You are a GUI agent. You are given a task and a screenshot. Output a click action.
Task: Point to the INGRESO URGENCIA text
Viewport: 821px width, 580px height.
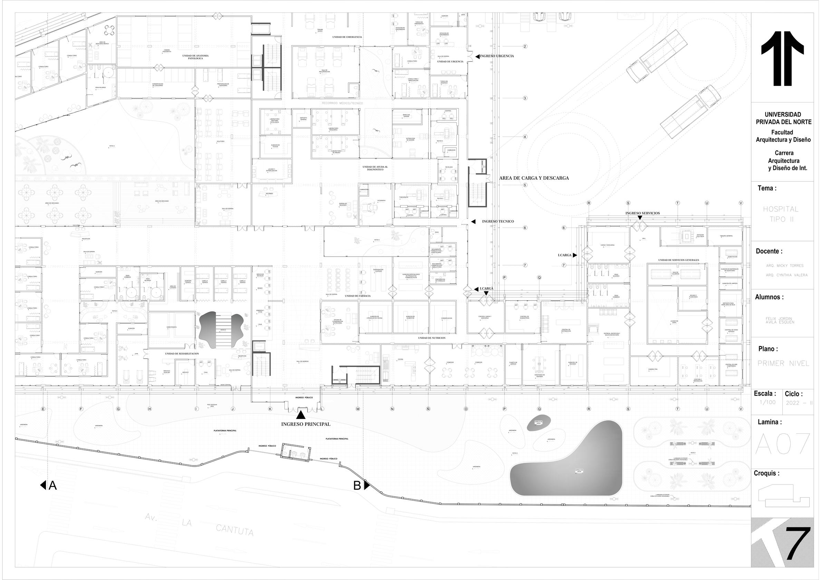tap(497, 56)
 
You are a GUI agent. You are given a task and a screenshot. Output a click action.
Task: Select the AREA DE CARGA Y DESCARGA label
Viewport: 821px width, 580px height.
tap(534, 178)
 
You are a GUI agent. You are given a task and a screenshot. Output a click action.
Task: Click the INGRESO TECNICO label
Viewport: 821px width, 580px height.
tap(498, 221)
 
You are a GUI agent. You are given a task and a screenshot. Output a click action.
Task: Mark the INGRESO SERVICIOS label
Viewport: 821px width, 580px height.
tap(643, 213)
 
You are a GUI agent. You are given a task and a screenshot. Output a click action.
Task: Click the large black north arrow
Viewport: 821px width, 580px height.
tap(782, 59)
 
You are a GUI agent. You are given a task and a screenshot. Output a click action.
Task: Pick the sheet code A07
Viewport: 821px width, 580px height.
tap(782, 444)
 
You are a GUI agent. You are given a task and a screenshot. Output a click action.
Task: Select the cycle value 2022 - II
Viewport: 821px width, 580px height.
tap(799, 403)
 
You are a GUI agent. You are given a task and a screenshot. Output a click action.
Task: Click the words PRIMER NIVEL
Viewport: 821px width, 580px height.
tap(783, 363)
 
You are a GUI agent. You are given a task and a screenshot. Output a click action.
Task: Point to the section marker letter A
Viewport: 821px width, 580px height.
tap(52, 486)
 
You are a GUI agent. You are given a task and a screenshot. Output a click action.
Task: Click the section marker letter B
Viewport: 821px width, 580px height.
tap(357, 486)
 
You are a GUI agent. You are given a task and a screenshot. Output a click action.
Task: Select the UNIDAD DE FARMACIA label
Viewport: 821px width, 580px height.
tap(358, 296)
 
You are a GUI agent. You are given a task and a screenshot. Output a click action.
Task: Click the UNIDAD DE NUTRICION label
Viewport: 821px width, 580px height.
tap(432, 338)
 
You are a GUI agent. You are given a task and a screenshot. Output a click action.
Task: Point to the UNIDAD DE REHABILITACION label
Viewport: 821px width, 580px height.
tap(182, 353)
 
